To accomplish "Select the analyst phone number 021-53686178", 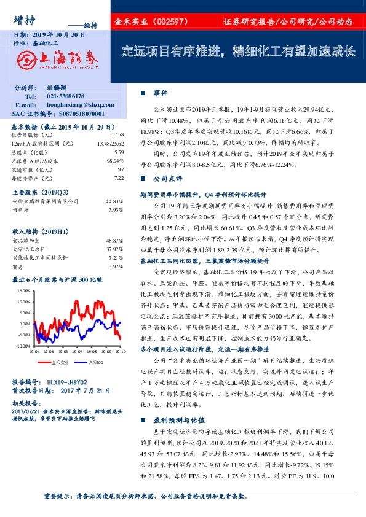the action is [x=67, y=96].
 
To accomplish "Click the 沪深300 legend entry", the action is [x=95, y=363].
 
